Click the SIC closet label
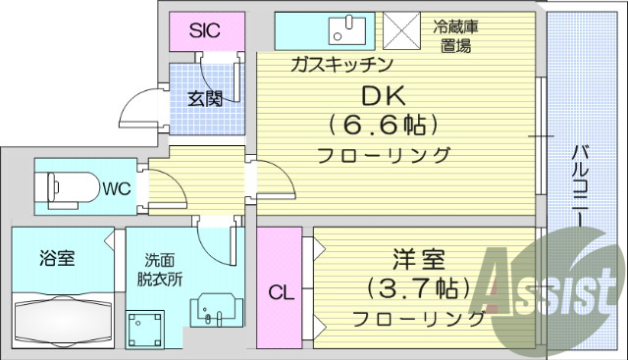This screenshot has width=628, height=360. tap(204, 30)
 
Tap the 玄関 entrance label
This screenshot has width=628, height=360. tap(205, 98)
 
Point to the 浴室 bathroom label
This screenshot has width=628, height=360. tap(57, 260)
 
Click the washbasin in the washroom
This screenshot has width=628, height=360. tap(214, 312)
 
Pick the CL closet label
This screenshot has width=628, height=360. tap(280, 292)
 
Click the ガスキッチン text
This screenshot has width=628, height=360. tap(340, 65)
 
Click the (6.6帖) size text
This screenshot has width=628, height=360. tap(383, 127)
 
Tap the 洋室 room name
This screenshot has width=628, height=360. tap(419, 261)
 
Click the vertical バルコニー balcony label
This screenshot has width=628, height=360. tap(580, 186)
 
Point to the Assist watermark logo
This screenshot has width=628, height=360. tap(549, 294)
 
